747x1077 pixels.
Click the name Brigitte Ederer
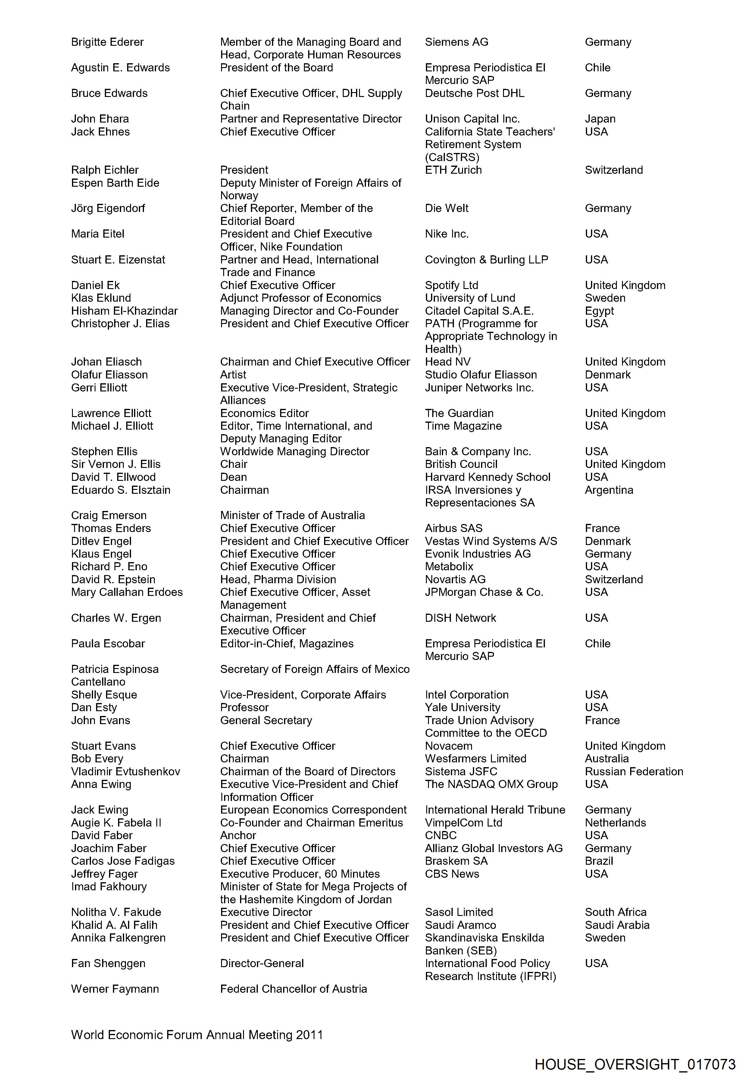point(107,42)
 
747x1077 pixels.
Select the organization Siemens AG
point(456,42)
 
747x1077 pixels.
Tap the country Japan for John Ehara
point(600,119)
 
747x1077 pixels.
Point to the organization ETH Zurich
point(453,170)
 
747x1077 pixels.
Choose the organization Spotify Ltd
point(451,285)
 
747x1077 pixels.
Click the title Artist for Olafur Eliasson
point(233,375)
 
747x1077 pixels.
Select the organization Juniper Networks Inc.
point(479,388)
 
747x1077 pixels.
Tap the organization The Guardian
point(459,413)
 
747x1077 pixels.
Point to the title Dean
point(233,477)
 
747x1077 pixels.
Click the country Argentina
point(609,490)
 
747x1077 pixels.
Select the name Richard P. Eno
point(109,567)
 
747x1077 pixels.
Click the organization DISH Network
point(460,618)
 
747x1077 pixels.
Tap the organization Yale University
point(462,707)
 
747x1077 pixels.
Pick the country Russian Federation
point(634,771)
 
